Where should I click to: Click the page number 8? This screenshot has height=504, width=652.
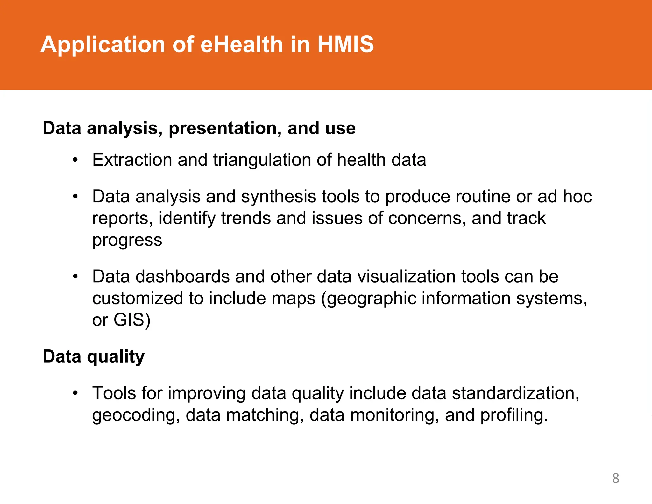pos(615,478)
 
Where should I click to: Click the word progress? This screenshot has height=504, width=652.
pos(127,241)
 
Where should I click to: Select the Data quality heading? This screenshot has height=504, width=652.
pos(94,356)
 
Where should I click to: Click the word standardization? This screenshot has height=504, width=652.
pos(515,393)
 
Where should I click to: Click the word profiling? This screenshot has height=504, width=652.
pos(514,415)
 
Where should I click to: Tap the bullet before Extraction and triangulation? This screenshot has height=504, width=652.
pos(75,160)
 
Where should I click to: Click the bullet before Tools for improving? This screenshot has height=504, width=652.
pos(75,393)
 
